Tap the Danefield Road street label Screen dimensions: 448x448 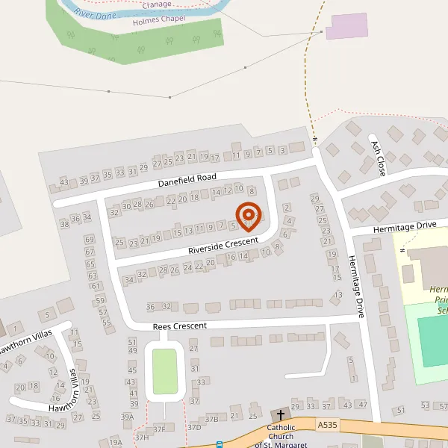tap(187, 180)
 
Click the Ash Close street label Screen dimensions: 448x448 tap(378, 158)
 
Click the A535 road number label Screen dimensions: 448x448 tap(326, 424)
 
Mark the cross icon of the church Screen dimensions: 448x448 tap(282, 414)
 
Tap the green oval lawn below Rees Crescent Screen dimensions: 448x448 tap(165, 371)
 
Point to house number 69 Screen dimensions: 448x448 tap(90, 240)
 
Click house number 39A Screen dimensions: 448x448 tap(128, 417)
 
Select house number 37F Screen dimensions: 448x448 tap(159, 429)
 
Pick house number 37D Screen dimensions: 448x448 tap(194, 427)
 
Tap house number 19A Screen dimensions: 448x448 tap(115, 442)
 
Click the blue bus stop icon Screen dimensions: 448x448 tap(220, 445)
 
